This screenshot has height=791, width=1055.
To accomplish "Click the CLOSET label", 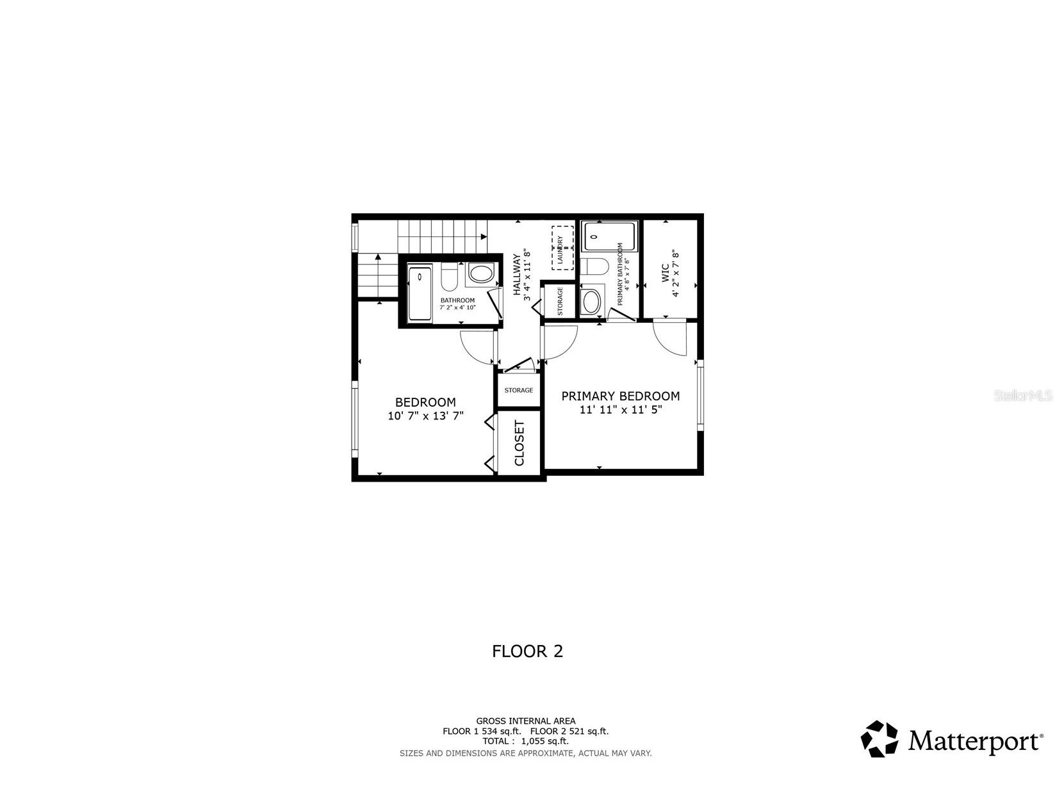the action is pyautogui.click(x=519, y=443).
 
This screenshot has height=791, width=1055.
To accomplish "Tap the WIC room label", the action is pyautogui.click(x=665, y=273).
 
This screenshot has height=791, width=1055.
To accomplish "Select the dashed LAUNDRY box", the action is pyautogui.click(x=562, y=248).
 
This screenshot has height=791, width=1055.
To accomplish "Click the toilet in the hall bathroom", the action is pyautogui.click(x=450, y=277).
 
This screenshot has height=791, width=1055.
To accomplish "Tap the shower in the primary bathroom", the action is pyautogui.click(x=609, y=236).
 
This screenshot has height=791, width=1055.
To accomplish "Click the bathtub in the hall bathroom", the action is pyautogui.click(x=420, y=293).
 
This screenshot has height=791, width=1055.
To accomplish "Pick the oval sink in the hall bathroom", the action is pyautogui.click(x=480, y=274).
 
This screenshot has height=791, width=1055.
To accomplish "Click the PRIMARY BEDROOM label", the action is pyautogui.click(x=621, y=396).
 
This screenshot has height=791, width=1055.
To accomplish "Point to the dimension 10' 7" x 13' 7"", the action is pyautogui.click(x=425, y=416).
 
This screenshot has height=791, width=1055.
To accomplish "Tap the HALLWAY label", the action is pyautogui.click(x=517, y=274).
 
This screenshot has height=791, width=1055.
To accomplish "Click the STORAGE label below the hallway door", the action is pyautogui.click(x=519, y=390).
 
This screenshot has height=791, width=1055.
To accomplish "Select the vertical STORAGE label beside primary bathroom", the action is pyautogui.click(x=560, y=301).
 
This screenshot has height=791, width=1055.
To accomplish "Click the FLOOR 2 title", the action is pyautogui.click(x=527, y=651).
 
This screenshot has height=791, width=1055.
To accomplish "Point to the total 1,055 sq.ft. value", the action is pyautogui.click(x=545, y=741).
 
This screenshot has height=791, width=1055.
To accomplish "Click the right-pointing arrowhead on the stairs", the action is pyautogui.click(x=484, y=236).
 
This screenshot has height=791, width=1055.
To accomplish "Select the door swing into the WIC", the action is pyautogui.click(x=669, y=338).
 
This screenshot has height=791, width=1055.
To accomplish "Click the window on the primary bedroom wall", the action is pyautogui.click(x=700, y=395).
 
